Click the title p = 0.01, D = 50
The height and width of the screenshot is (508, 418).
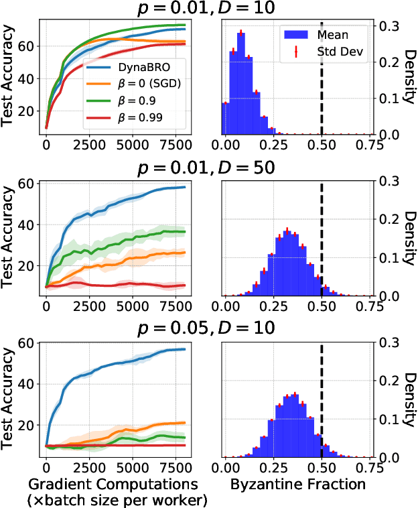208,169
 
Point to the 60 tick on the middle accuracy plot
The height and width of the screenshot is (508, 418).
27,183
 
